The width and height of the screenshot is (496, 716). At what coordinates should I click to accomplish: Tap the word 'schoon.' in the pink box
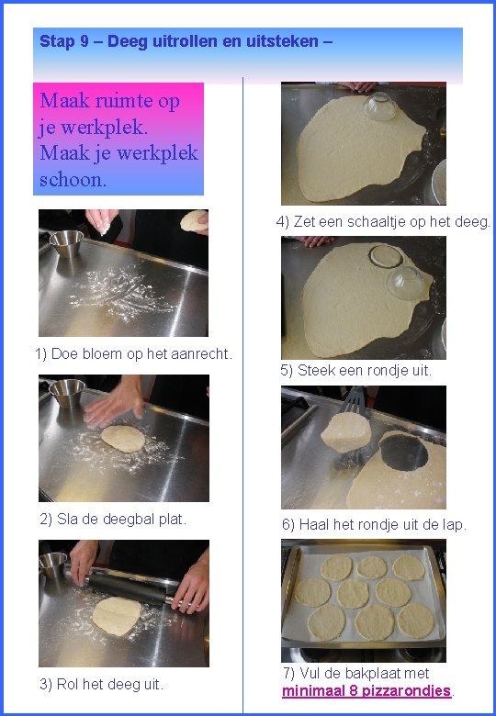[73, 179]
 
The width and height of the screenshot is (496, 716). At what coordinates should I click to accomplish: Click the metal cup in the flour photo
[66, 243]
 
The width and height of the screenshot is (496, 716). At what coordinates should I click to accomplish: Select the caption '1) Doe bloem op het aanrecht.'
[134, 354]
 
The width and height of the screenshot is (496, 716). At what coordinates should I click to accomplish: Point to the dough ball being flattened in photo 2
[123, 439]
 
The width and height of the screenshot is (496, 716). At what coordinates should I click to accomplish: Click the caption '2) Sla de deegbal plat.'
[113, 520]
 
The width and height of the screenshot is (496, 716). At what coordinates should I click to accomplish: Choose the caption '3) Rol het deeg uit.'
[101, 685]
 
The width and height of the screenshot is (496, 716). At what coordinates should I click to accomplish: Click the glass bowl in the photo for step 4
[379, 106]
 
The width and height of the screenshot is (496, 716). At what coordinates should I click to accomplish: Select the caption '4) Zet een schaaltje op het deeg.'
[383, 222]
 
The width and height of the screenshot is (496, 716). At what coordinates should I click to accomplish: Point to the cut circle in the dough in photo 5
[386, 256]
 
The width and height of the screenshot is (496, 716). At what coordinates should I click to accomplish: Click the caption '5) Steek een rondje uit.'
[355, 370]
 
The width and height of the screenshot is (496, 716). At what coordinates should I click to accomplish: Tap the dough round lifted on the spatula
[345, 432]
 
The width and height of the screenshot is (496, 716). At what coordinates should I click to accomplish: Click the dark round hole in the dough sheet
[404, 452]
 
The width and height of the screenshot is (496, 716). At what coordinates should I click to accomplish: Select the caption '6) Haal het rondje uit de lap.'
[374, 525]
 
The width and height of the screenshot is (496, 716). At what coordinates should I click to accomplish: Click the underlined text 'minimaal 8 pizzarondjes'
[366, 691]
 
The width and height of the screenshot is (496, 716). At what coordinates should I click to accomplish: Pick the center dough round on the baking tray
[353, 594]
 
